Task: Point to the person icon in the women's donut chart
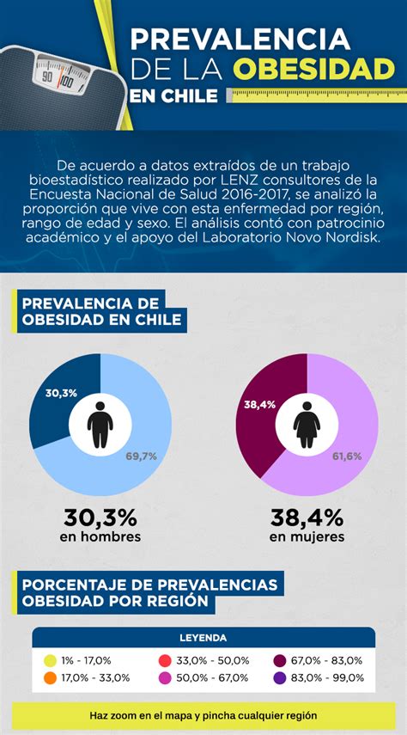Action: click(x=307, y=424)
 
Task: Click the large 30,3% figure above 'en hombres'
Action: click(x=100, y=518)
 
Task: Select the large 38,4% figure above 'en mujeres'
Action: click(x=307, y=518)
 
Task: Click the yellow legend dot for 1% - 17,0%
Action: click(x=50, y=660)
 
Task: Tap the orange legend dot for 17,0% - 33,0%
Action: click(x=50, y=677)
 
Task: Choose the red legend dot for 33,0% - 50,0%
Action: click(x=164, y=660)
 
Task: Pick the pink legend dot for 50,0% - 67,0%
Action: click(x=164, y=677)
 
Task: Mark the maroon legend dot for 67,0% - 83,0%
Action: click(x=280, y=660)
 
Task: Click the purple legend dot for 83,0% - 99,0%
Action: click(x=280, y=677)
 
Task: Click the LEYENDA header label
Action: click(x=203, y=638)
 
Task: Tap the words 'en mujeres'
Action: click(x=307, y=537)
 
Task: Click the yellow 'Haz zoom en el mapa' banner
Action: click(x=203, y=715)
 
